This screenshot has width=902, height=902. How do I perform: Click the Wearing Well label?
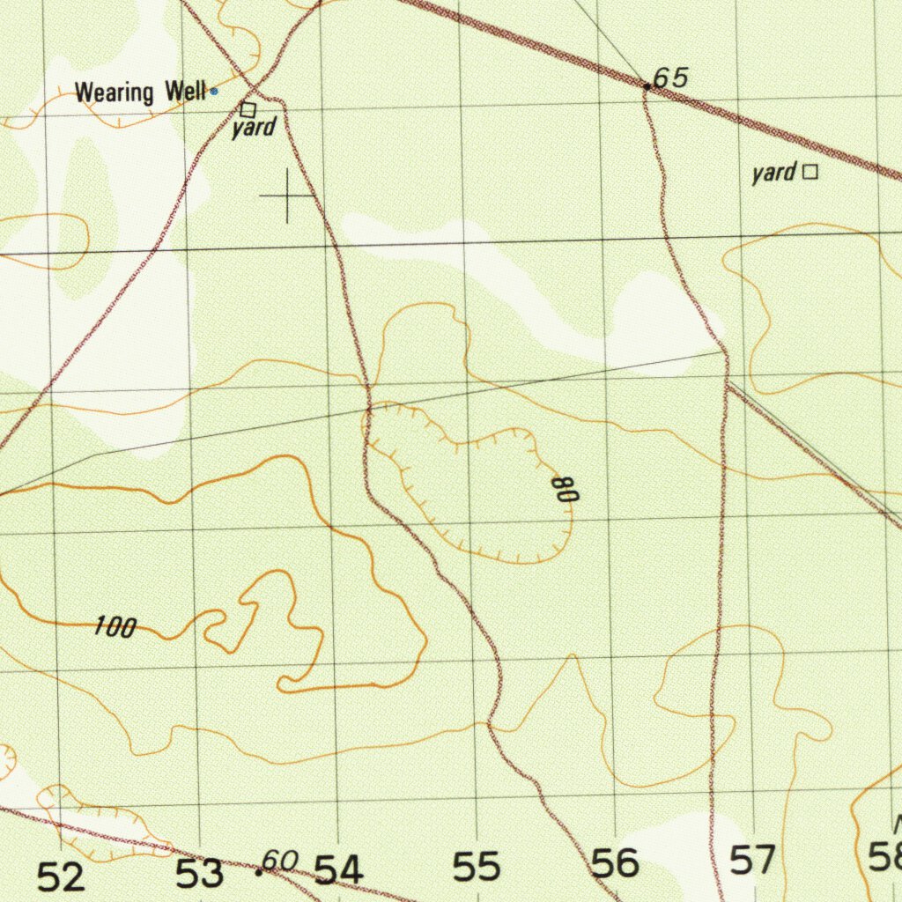coord(140,92)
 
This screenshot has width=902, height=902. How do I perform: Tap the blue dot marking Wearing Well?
coord(214,91)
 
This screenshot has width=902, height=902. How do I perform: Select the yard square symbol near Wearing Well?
coord(248,110)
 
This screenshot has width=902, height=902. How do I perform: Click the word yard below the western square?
coord(255,129)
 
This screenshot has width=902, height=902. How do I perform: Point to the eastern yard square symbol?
coord(810,173)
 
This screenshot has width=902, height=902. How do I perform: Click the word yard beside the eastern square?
coord(774,173)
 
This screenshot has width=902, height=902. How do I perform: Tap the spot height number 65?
coord(670,78)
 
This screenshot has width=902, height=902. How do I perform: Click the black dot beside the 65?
coord(647,86)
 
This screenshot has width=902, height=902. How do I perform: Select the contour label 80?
coord(566,490)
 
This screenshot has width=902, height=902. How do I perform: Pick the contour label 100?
coord(115,628)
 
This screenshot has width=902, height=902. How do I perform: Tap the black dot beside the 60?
coord(259,872)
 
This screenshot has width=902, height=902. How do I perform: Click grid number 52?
coord(62,876)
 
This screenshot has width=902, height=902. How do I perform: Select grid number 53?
coord(200,874)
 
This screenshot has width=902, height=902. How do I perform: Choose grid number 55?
coord(477,868)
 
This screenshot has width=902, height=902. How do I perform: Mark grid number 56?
coord(615,863)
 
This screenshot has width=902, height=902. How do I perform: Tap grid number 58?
coord(884,856)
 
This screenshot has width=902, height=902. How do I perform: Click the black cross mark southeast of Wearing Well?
coord(287,196)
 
